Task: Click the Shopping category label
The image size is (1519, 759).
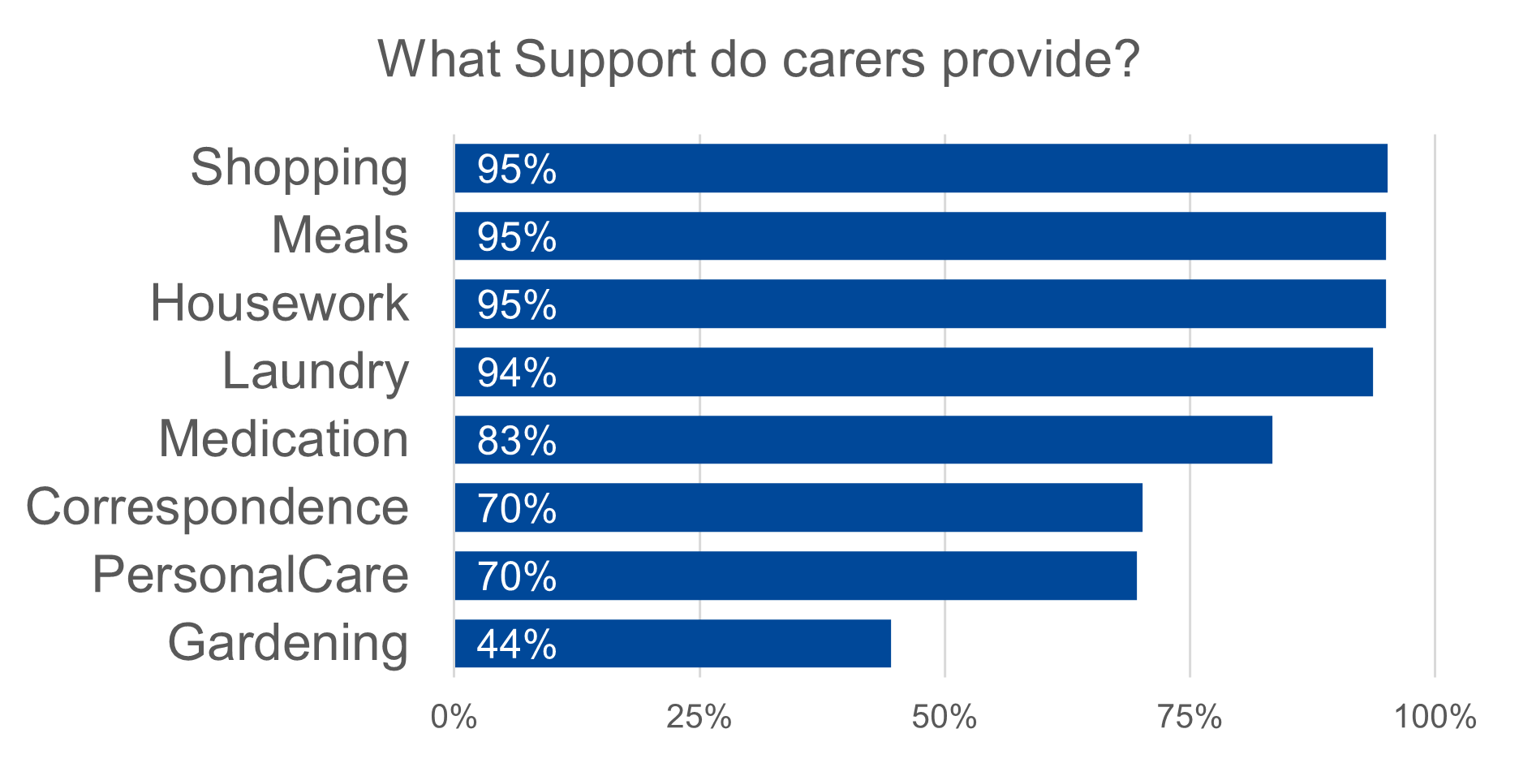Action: (299, 168)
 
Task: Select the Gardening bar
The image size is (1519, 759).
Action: (672, 644)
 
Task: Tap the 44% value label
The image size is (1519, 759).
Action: (516, 645)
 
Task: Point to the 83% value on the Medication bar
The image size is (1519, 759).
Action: (516, 441)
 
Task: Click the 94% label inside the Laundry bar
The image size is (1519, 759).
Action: (516, 373)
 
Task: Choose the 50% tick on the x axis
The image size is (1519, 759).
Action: (944, 717)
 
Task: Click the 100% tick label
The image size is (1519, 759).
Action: (1435, 717)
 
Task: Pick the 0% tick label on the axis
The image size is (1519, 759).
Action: (454, 717)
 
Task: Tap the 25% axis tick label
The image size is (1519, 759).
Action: (699, 717)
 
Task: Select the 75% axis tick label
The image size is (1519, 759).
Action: (1189, 717)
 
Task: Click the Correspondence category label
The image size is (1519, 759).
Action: (217, 507)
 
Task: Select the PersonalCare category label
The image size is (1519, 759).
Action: (250, 575)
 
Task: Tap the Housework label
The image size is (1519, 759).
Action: (279, 304)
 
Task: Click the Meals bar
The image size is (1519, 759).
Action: (919, 236)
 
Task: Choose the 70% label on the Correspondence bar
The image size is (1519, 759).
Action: (516, 508)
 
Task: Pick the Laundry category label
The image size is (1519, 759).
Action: (315, 372)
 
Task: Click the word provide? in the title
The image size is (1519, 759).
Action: (1040, 60)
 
